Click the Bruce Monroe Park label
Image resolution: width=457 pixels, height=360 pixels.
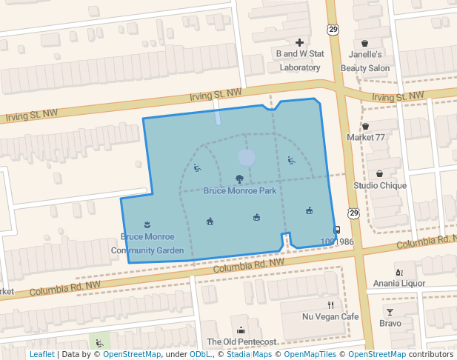click(x=240, y=191)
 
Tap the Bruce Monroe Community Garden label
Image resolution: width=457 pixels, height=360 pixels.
click(x=147, y=244)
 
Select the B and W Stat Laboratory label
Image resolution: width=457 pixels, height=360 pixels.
click(x=299, y=61)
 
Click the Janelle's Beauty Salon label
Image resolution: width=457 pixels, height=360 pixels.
click(x=364, y=61)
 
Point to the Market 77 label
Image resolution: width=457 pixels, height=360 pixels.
click(x=366, y=138)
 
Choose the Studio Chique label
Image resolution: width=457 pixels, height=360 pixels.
click(x=380, y=185)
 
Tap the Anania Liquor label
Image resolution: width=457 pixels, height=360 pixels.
click(x=398, y=283)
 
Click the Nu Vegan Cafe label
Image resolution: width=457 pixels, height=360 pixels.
click(x=330, y=317)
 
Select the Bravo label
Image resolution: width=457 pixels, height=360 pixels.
click(x=390, y=324)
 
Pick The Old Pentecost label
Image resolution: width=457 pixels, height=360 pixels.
click(x=241, y=341)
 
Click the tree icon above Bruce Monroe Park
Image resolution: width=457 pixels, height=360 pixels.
click(x=239, y=179)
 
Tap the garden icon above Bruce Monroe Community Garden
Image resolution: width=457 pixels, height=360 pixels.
click(x=147, y=224)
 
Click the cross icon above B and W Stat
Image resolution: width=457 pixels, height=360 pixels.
click(x=299, y=43)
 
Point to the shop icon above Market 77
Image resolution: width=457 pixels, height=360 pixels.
click(x=366, y=127)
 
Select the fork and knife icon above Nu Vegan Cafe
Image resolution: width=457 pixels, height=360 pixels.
click(x=331, y=304)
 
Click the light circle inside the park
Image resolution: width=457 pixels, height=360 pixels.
click(x=247, y=157)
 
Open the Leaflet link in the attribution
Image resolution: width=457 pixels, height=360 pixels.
click(x=42, y=355)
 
